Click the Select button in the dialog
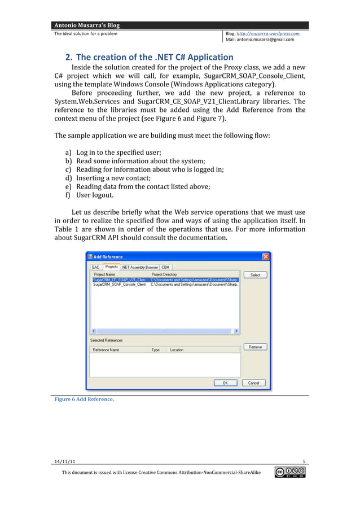255,275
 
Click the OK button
225,382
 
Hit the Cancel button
253,382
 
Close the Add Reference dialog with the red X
265,256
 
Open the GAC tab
96,267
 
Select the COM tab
165,267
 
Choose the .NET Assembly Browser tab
140,267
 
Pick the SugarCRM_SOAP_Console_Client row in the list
119,285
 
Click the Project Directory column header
164,274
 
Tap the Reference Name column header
107,350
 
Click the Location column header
177,350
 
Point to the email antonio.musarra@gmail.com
264,40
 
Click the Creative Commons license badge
289,472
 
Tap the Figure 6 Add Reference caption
84,399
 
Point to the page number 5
304,461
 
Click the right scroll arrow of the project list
236,331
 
